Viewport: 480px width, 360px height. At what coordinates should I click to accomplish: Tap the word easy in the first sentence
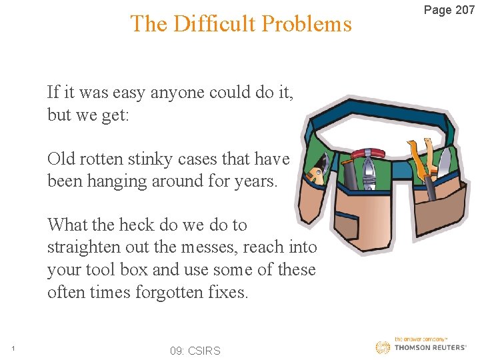127,92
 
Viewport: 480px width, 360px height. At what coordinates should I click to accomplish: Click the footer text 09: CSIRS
195,351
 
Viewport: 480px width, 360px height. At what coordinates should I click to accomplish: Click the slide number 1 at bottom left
13,348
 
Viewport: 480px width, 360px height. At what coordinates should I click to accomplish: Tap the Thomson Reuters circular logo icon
383,347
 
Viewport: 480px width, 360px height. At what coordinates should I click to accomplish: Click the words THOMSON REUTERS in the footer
430,348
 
